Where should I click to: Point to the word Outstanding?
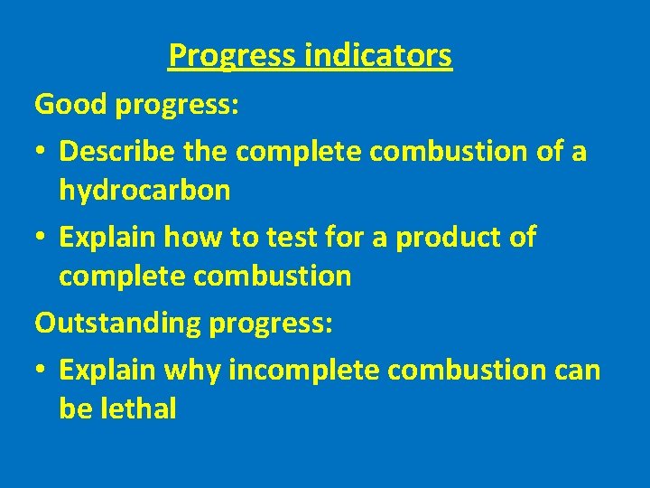click(118, 323)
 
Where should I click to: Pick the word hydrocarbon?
click(144, 191)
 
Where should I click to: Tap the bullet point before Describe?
click(42, 152)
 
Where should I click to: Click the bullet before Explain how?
click(42, 239)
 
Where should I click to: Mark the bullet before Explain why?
click(42, 370)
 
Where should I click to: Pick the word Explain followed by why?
click(109, 369)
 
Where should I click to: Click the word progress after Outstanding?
click(271, 323)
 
